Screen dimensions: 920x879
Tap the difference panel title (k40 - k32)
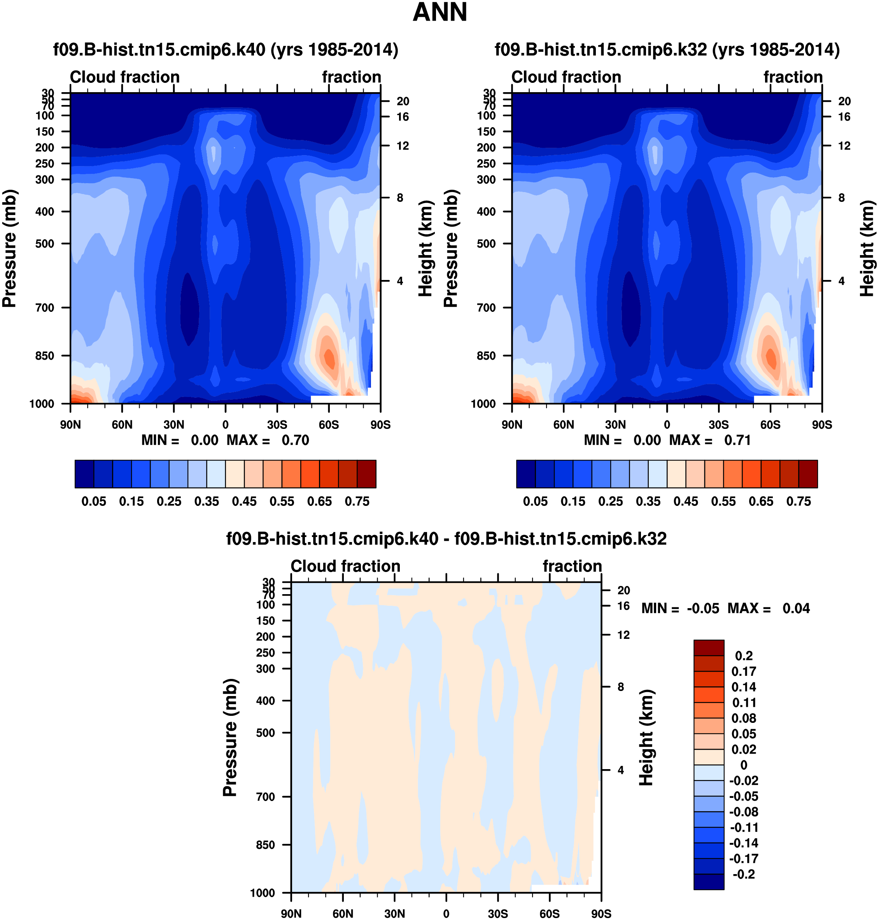[x=446, y=539]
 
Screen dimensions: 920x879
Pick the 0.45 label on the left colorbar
[x=244, y=501]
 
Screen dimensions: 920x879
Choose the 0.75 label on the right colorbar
[x=798, y=501]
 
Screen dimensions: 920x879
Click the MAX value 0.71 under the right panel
[x=737, y=440]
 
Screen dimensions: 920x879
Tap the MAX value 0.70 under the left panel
[x=295, y=440]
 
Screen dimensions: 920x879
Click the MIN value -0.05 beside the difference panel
[x=703, y=609]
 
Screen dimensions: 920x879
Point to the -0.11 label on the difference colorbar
[x=744, y=827]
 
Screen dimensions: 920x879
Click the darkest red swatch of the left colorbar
[x=366, y=474]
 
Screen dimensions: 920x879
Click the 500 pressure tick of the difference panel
[x=265, y=733]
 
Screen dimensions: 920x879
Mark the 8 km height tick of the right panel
[x=842, y=198]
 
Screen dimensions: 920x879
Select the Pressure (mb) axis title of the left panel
[x=9, y=248]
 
